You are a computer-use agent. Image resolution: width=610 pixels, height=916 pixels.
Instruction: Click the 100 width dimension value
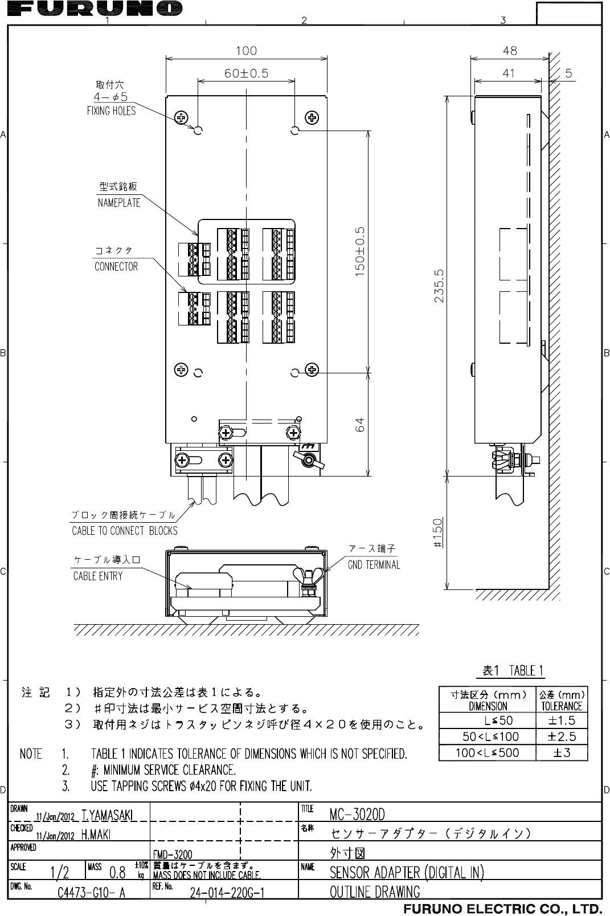click(x=246, y=50)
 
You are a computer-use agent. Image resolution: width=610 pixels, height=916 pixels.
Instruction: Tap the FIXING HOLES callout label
click(x=112, y=111)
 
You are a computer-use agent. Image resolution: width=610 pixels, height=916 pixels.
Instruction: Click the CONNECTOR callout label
click(x=116, y=266)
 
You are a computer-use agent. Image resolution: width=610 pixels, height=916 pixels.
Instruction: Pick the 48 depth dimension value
click(x=510, y=50)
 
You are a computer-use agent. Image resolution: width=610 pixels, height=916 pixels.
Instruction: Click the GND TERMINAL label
click(x=374, y=565)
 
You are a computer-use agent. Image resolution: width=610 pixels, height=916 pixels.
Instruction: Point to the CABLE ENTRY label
click(x=98, y=576)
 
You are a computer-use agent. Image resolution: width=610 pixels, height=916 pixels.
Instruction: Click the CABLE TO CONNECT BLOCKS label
click(x=125, y=531)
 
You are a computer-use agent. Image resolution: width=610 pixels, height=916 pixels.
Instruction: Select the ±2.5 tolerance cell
click(x=562, y=736)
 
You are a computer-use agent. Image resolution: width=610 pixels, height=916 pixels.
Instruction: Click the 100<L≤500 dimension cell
click(x=488, y=752)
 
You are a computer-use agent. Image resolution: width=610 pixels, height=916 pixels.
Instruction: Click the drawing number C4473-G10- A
click(x=92, y=893)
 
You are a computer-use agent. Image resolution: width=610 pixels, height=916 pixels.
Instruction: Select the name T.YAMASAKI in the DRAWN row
click(x=108, y=816)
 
